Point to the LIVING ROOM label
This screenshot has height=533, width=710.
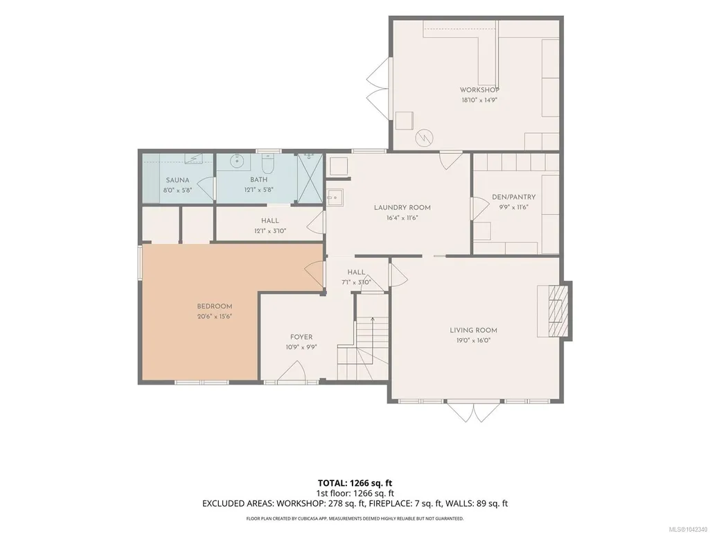[x=473, y=331]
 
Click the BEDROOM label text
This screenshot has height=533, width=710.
[x=215, y=306]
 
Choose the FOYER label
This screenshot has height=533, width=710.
[x=301, y=338]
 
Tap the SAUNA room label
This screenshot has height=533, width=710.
[x=177, y=180]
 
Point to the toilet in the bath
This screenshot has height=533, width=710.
[x=268, y=164]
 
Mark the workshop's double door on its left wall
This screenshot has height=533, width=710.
[x=378, y=89]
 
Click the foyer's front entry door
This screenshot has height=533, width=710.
[x=291, y=371]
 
